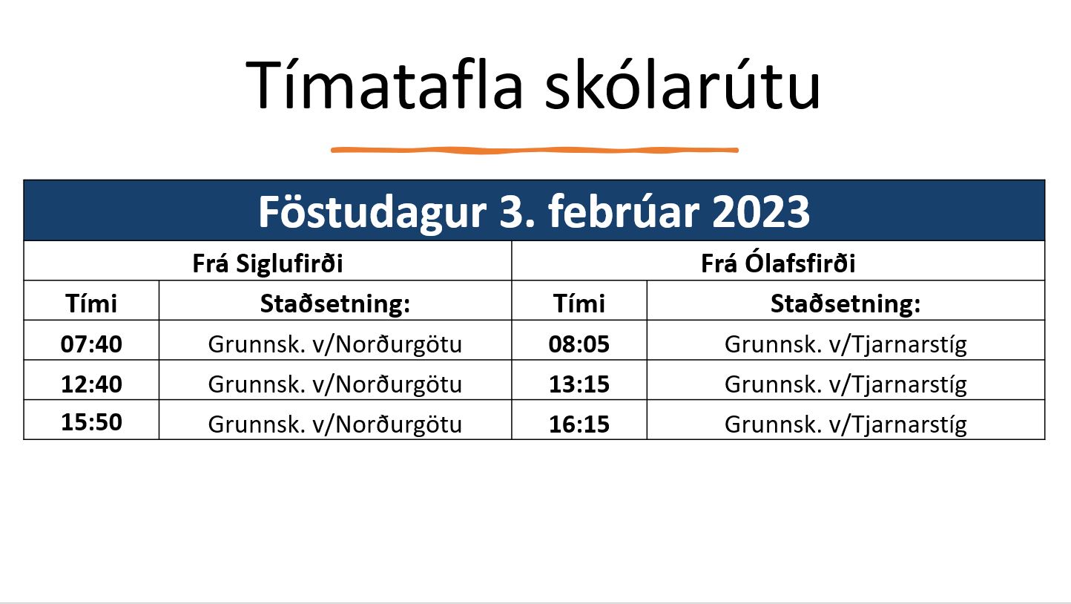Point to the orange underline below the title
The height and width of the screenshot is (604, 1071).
pyautogui.click(x=535, y=150)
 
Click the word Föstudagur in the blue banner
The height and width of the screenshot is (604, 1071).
pyautogui.click(x=372, y=213)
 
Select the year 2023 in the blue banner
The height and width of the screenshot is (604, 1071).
pyautogui.click(x=761, y=212)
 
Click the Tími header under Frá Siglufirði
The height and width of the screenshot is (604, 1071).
pyautogui.click(x=91, y=303)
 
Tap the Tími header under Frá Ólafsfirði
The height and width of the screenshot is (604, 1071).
pyautogui.click(x=579, y=303)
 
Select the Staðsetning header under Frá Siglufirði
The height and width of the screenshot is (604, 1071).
pyautogui.click(x=335, y=303)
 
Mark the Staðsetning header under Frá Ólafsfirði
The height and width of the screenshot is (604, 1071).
pyautogui.click(x=846, y=303)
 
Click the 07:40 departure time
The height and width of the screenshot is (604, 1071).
pyautogui.click(x=91, y=344)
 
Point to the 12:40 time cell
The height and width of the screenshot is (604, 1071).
pyautogui.click(x=91, y=384)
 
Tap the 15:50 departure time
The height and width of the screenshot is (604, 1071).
pyautogui.click(x=91, y=422)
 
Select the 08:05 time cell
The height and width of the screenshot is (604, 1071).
pyautogui.click(x=579, y=344)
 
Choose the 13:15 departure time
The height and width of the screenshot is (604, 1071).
pyautogui.click(x=579, y=384)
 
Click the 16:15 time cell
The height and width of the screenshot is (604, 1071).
pyautogui.click(x=579, y=424)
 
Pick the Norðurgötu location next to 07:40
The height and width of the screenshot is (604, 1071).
pyautogui.click(x=335, y=344)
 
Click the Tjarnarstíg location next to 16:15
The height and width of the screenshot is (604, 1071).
pyautogui.click(x=846, y=424)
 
